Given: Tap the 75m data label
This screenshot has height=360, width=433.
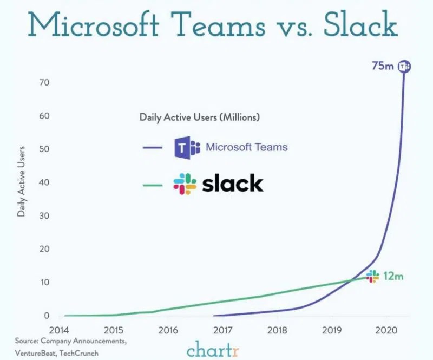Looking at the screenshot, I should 383,66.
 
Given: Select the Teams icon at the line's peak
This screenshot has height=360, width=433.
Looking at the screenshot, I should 404,66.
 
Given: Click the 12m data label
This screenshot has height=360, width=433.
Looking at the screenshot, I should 393,276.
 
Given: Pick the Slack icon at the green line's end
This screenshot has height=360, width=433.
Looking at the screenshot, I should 372,276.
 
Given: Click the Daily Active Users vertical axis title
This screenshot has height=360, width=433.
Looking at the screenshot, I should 22,181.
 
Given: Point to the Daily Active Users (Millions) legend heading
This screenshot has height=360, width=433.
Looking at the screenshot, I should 200,116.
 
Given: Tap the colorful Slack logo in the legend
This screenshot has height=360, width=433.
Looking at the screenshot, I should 185,184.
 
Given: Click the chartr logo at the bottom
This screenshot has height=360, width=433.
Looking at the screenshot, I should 216,350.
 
